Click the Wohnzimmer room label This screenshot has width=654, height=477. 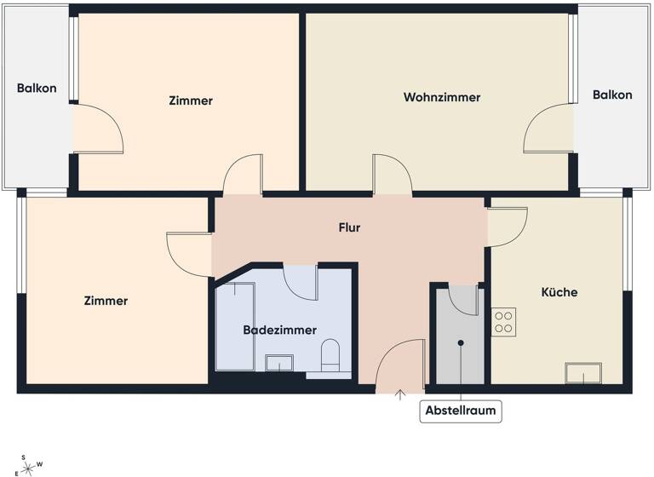coord(441,97)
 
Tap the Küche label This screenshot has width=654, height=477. coord(559,292)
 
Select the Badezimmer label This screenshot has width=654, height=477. coord(279,330)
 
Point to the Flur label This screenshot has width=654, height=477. coord(349,227)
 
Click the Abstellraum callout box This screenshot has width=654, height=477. coord(461,411)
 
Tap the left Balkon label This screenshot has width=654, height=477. coord(37,89)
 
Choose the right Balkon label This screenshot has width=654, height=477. coord(612,95)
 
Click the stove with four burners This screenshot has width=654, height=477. coord(503,321)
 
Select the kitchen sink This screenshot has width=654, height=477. coord(583,373)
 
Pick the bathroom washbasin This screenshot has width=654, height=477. coord(279,365)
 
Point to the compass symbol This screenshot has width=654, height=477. coord(28,465)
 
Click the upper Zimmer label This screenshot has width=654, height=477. coord(191,101)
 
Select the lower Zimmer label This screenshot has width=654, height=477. coord(106,301)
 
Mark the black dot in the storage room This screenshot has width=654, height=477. coord(461,343)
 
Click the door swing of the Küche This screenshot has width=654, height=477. coord(506,227)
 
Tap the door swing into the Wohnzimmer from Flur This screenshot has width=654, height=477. coord(392,174)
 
